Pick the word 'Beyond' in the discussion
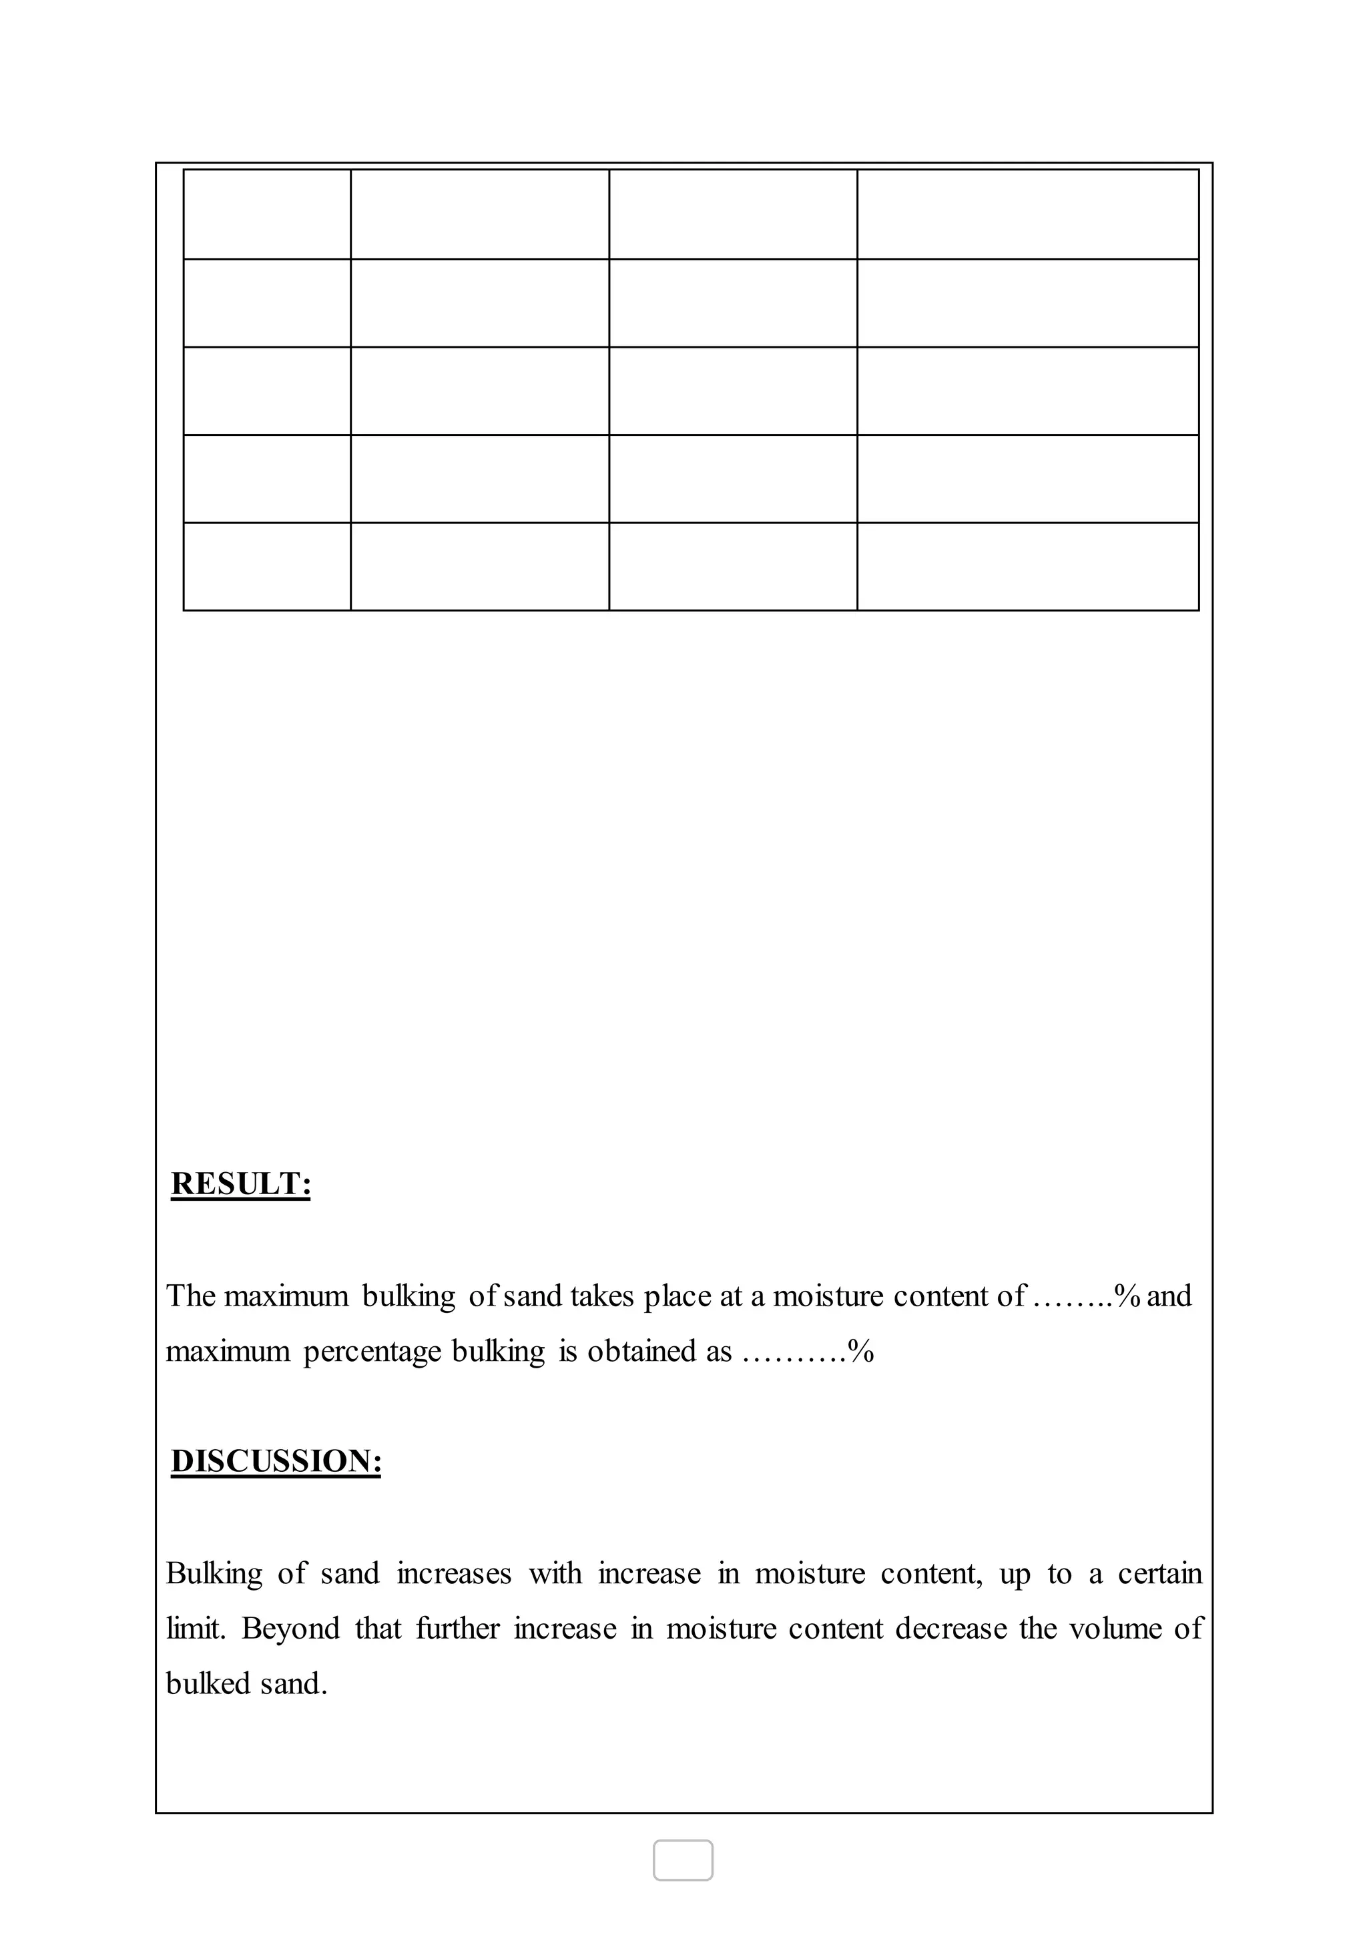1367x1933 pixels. pyautogui.click(x=290, y=1629)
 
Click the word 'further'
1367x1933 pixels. pyautogui.click(x=457, y=1629)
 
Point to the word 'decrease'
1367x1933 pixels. pyautogui.click(x=950, y=1629)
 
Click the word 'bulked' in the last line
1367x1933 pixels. pyautogui.click(x=207, y=1684)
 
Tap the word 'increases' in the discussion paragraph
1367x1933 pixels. pyautogui.click(x=454, y=1573)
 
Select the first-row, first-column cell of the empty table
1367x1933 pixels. pyautogui.click(x=267, y=214)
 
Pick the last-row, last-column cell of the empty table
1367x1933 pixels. pyautogui.click(x=1028, y=567)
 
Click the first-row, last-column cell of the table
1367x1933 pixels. pyautogui.click(x=1028, y=214)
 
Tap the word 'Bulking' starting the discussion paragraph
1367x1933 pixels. pyautogui.click(x=214, y=1573)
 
